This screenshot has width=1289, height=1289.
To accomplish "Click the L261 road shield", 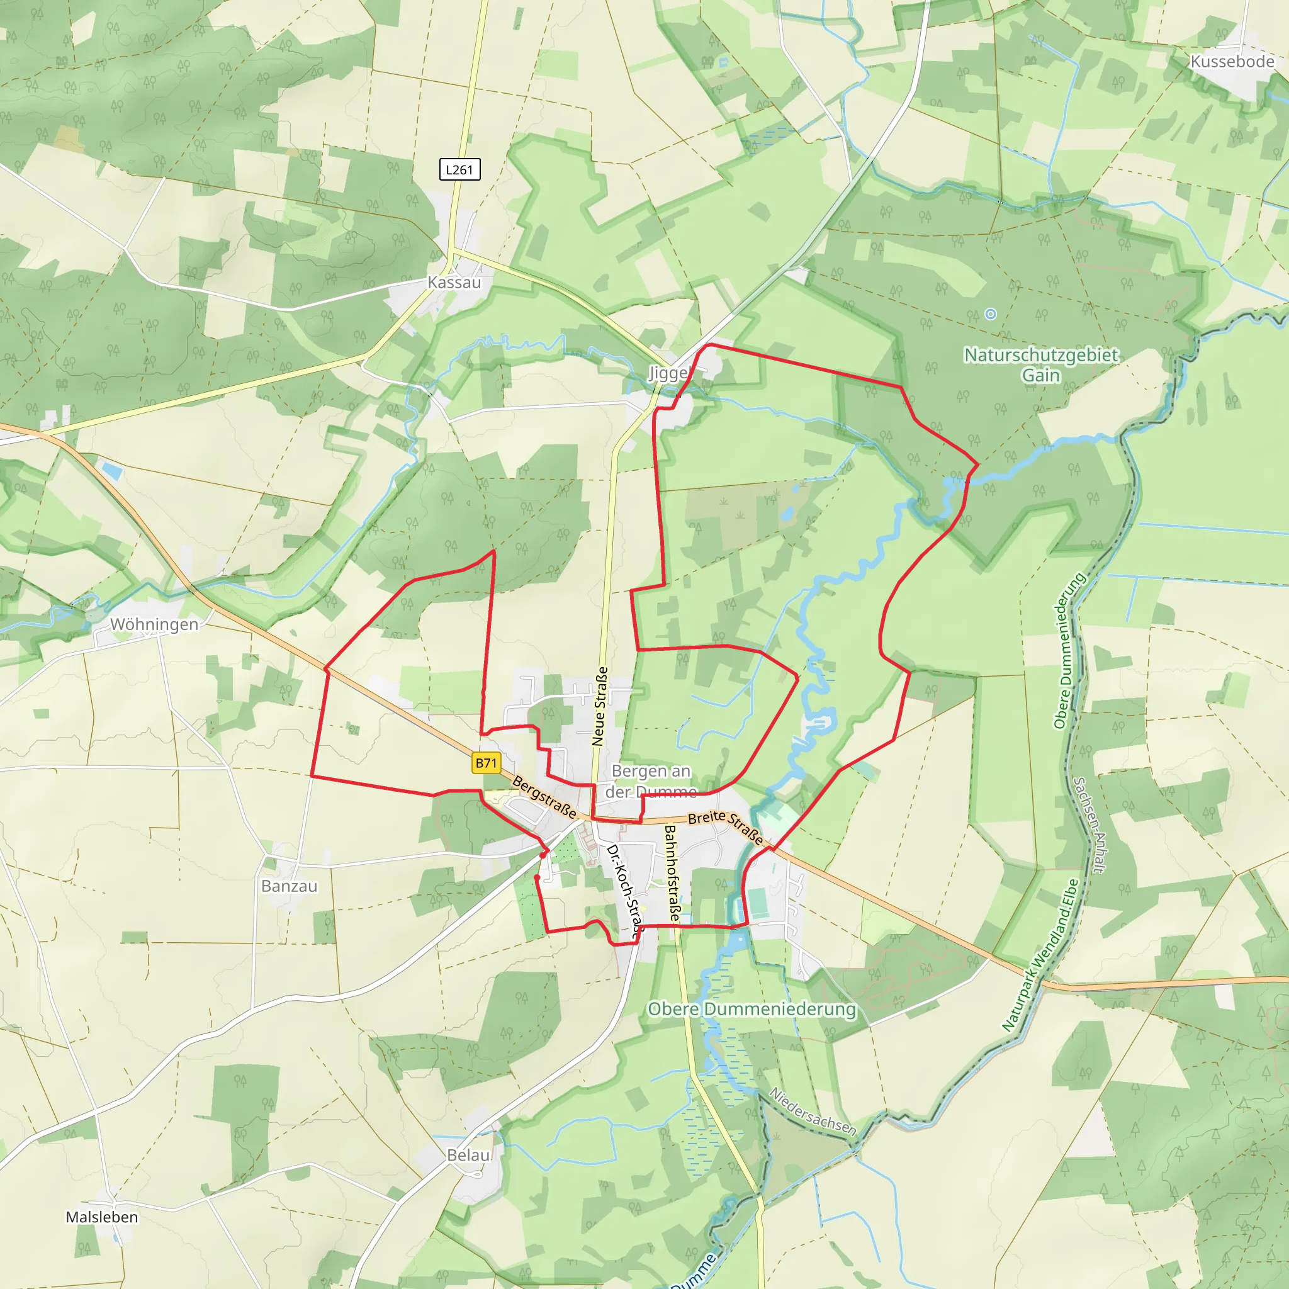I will click(459, 169).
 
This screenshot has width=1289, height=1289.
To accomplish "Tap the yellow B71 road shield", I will click(486, 763).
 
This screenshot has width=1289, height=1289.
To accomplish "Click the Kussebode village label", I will click(1232, 62).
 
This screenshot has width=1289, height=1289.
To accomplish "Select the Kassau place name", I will click(454, 282).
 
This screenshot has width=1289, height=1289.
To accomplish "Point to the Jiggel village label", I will click(668, 373).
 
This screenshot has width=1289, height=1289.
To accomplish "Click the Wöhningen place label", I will click(154, 624).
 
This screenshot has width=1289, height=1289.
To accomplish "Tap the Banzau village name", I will click(289, 886).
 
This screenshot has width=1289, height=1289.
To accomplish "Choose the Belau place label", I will click(468, 1155).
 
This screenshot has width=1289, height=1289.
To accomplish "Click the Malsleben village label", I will click(102, 1217).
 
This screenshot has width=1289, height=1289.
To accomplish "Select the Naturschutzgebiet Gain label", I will click(1041, 365).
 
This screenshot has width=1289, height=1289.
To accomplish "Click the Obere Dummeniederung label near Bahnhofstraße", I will click(752, 1010).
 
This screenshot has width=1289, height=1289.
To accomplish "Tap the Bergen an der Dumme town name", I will click(651, 781).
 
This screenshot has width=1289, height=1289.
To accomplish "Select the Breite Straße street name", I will click(726, 827).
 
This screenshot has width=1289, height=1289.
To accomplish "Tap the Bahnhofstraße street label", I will click(672, 874).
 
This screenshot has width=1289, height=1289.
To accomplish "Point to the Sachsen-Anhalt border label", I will click(1089, 825).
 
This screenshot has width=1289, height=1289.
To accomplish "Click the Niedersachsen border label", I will click(812, 1112).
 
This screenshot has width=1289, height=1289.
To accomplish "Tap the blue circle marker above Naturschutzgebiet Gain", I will click(991, 313).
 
